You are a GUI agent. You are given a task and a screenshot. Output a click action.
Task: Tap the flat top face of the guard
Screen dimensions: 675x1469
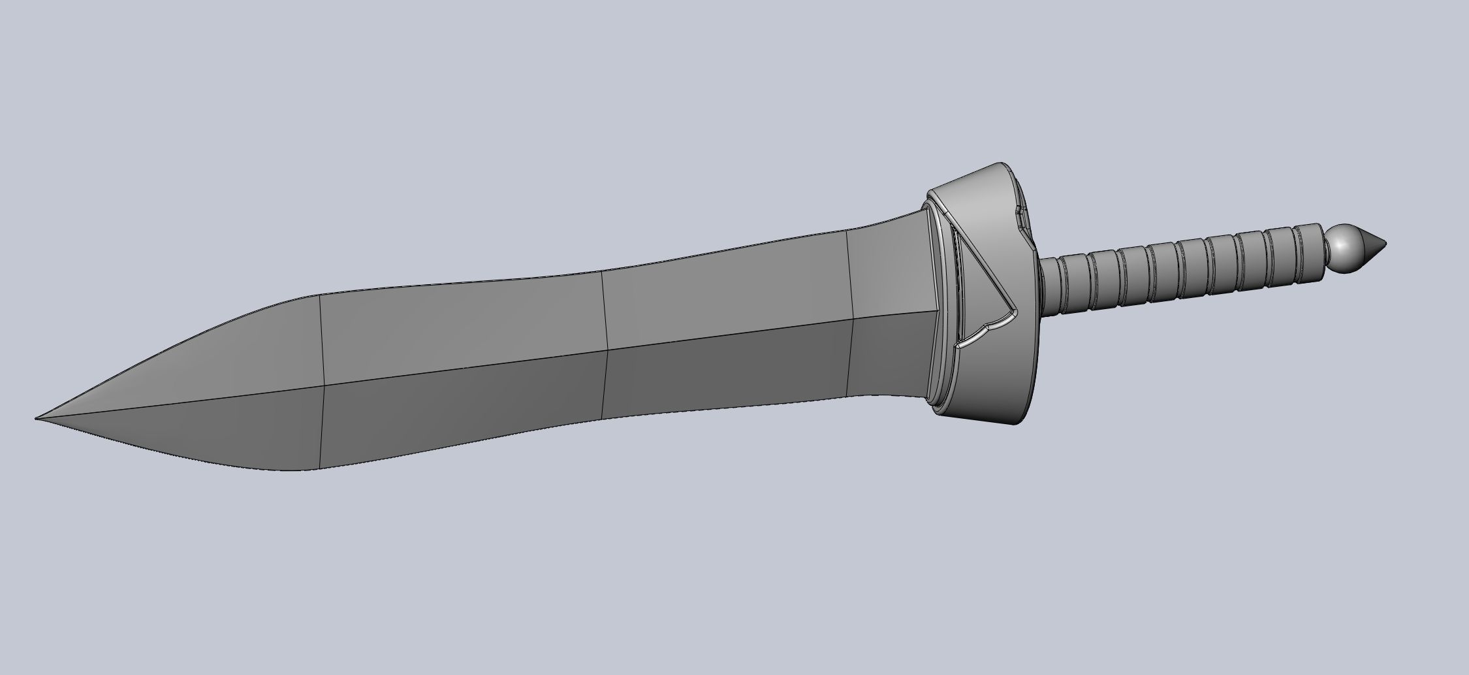(973, 196)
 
